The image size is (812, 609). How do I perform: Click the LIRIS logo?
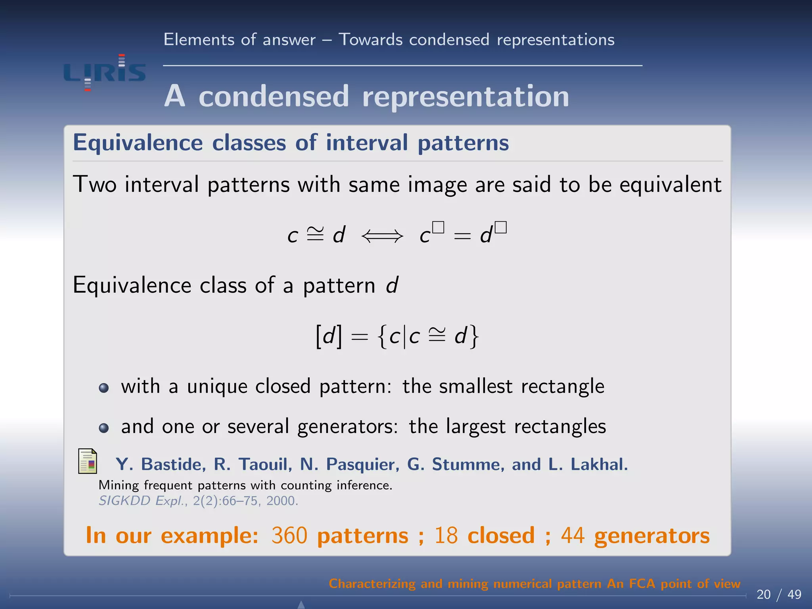coord(105,73)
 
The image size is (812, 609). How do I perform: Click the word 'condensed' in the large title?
coord(274,96)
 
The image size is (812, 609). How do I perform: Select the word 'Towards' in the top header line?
coord(370,40)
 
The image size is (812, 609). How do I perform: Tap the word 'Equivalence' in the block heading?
coord(138,143)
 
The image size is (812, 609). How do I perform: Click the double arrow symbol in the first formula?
coord(382,237)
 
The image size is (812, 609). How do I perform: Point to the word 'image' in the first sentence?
coord(437,185)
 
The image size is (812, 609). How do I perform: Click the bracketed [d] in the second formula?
coord(328,337)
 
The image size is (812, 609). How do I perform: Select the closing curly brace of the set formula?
coord(474,337)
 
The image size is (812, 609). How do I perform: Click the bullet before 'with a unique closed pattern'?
coord(104,388)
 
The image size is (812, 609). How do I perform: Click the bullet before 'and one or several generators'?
coord(104,428)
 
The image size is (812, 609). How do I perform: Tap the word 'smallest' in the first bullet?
coord(475,386)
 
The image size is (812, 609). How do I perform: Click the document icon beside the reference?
coord(88,461)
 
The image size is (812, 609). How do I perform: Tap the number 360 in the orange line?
coord(289,536)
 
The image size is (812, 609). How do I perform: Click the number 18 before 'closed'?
coord(446,536)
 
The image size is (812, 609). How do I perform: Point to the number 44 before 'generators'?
coord(573,536)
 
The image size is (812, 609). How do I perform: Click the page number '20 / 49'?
coord(779,594)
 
